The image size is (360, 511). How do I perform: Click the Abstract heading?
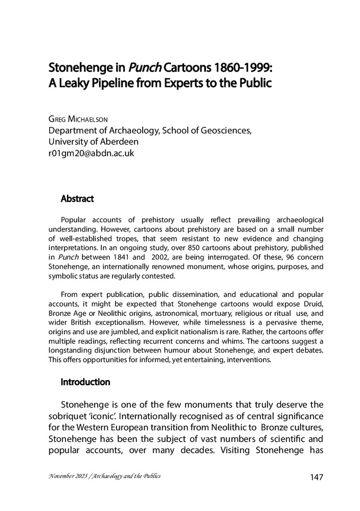[x=77, y=197]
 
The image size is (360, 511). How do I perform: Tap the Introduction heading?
[x=85, y=382]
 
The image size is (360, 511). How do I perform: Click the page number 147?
[x=317, y=477]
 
